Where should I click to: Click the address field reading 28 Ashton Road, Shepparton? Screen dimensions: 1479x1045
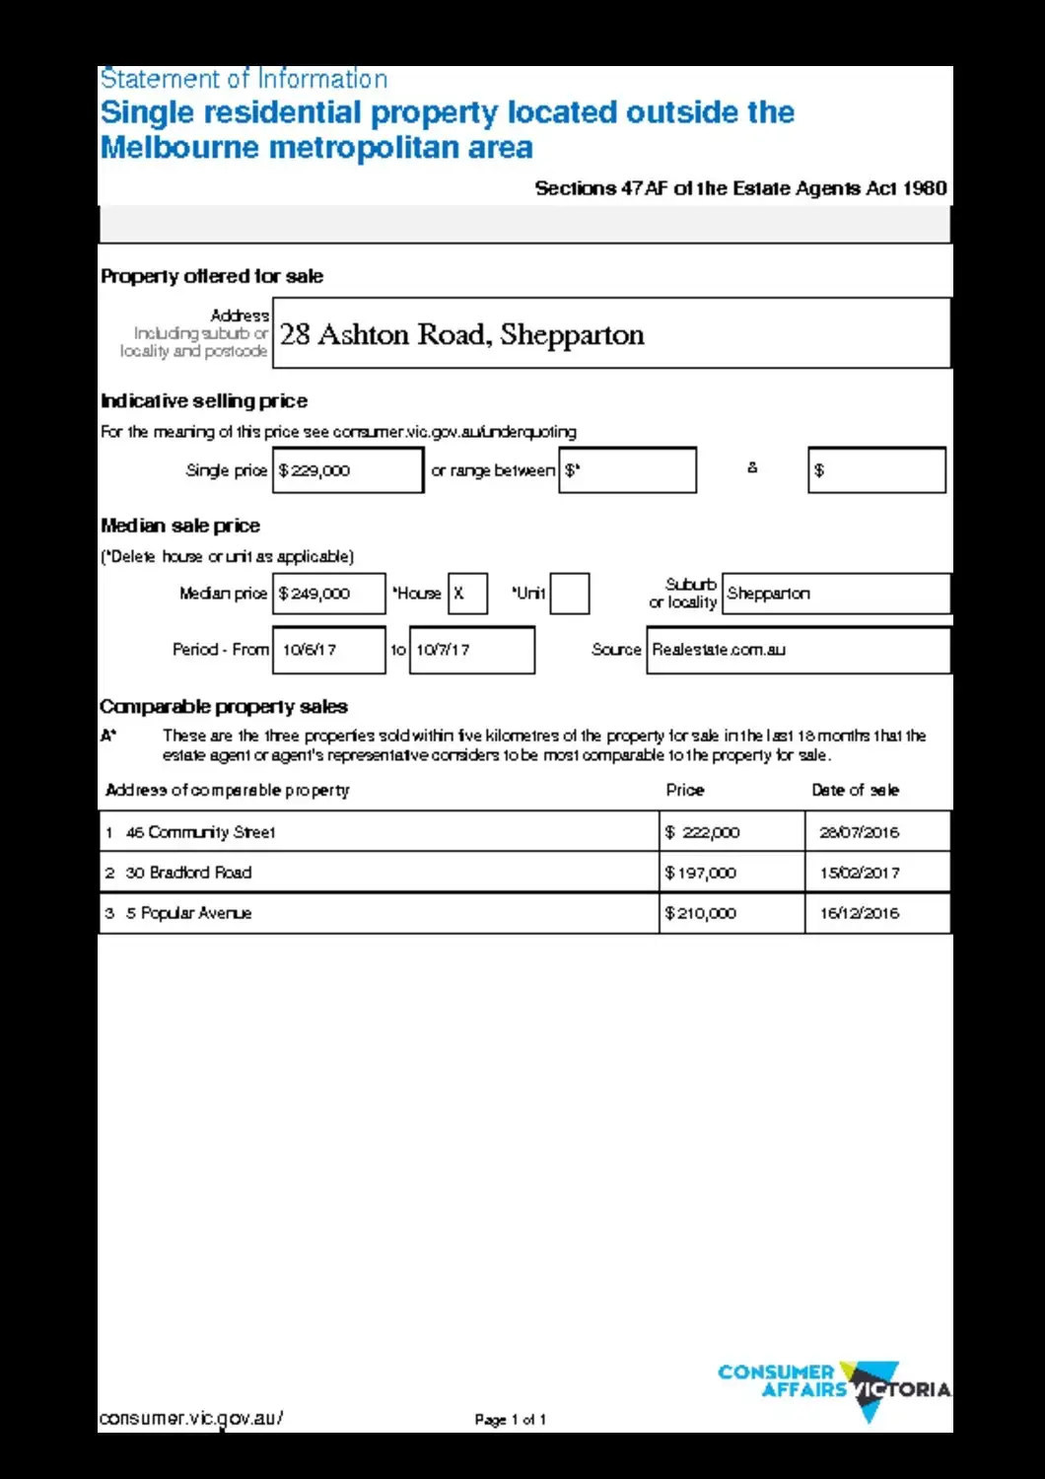coord(611,333)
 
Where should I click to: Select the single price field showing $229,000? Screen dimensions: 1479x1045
coord(347,470)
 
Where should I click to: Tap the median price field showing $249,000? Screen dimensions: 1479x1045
coord(328,594)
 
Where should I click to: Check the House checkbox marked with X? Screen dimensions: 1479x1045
coord(467,594)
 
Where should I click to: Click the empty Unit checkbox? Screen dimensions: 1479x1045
coord(569,594)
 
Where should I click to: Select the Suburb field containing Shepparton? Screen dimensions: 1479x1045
coord(835,594)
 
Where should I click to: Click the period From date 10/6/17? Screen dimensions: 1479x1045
coord(328,650)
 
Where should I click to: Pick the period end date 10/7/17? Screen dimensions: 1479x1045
coord(471,650)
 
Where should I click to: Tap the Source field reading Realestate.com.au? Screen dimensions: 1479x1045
coord(798,650)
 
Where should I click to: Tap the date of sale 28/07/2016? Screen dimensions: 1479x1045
coord(859,832)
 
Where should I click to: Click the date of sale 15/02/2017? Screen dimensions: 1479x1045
coord(859,873)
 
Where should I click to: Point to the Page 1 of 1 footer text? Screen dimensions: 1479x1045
coord(510,1420)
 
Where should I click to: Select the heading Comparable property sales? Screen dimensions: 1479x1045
coord(224,707)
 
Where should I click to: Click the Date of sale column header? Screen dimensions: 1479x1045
coord(855,790)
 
